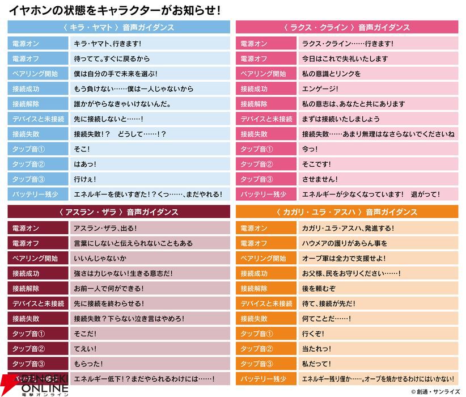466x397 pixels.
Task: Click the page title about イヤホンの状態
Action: pos(113,10)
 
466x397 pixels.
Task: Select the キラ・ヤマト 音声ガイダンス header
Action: pos(118,27)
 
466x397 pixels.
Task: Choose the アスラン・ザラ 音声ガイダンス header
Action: pos(118,212)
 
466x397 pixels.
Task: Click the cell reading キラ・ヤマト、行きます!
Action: pos(107,44)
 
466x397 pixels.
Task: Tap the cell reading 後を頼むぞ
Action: pos(319,288)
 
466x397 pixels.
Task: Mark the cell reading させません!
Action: pos(320,179)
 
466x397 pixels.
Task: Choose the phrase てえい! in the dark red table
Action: pos(85,349)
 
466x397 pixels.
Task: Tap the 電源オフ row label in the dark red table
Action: pos(26,243)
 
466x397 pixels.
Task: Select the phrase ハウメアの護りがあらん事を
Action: pos(344,243)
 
